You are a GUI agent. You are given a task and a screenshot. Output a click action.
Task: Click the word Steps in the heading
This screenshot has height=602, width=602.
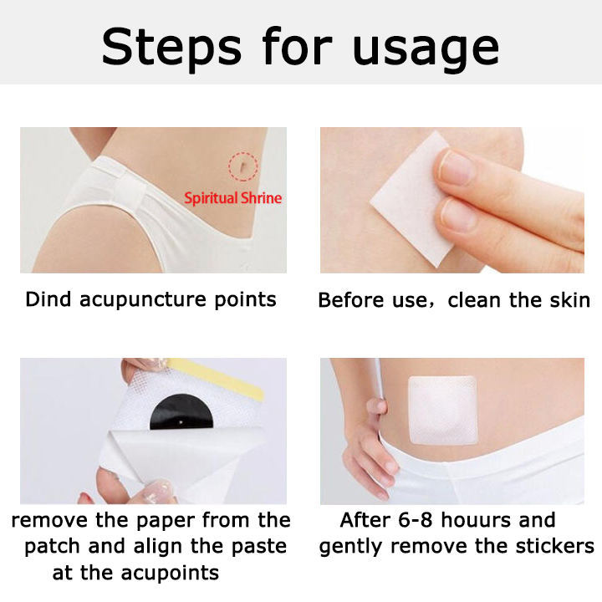pyautogui.click(x=171, y=47)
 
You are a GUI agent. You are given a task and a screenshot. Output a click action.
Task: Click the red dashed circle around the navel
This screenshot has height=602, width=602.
pyautogui.click(x=243, y=166)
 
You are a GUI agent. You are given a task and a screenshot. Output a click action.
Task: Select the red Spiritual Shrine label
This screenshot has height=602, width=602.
pyautogui.click(x=233, y=198)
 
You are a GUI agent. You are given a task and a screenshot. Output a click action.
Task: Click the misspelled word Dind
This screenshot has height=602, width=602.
pyautogui.click(x=48, y=299)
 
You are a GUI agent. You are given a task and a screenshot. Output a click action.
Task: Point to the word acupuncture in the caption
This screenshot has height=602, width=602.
pyautogui.click(x=142, y=301)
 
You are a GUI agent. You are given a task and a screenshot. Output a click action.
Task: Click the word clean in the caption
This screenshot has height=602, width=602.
pyautogui.click(x=475, y=300)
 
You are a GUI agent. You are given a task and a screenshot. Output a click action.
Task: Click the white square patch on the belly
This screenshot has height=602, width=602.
pyautogui.click(x=442, y=410)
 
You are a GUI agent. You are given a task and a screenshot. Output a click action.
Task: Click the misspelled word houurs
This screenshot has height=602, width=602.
pyautogui.click(x=476, y=520)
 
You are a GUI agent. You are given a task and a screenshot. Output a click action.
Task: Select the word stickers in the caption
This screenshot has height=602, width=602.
pyautogui.click(x=554, y=546)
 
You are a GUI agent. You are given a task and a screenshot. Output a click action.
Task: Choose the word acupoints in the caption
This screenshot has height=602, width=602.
pyautogui.click(x=170, y=574)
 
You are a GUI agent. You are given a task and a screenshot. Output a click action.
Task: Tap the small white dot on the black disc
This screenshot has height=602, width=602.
pyautogui.click(x=181, y=422)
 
